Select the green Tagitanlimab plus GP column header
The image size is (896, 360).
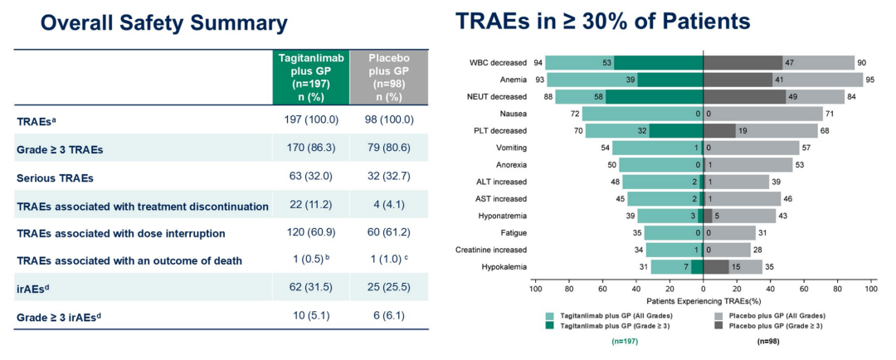[311, 77]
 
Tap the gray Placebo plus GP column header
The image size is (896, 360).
[388, 77]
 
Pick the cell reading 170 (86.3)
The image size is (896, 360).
[311, 149]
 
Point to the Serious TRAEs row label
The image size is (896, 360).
[55, 178]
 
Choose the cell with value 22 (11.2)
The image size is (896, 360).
[311, 205]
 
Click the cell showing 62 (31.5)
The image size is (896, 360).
[311, 288]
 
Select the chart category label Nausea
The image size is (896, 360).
[511, 113]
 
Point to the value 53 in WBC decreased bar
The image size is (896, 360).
[607, 62]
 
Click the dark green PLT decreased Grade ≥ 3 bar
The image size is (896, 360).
[676, 130]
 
